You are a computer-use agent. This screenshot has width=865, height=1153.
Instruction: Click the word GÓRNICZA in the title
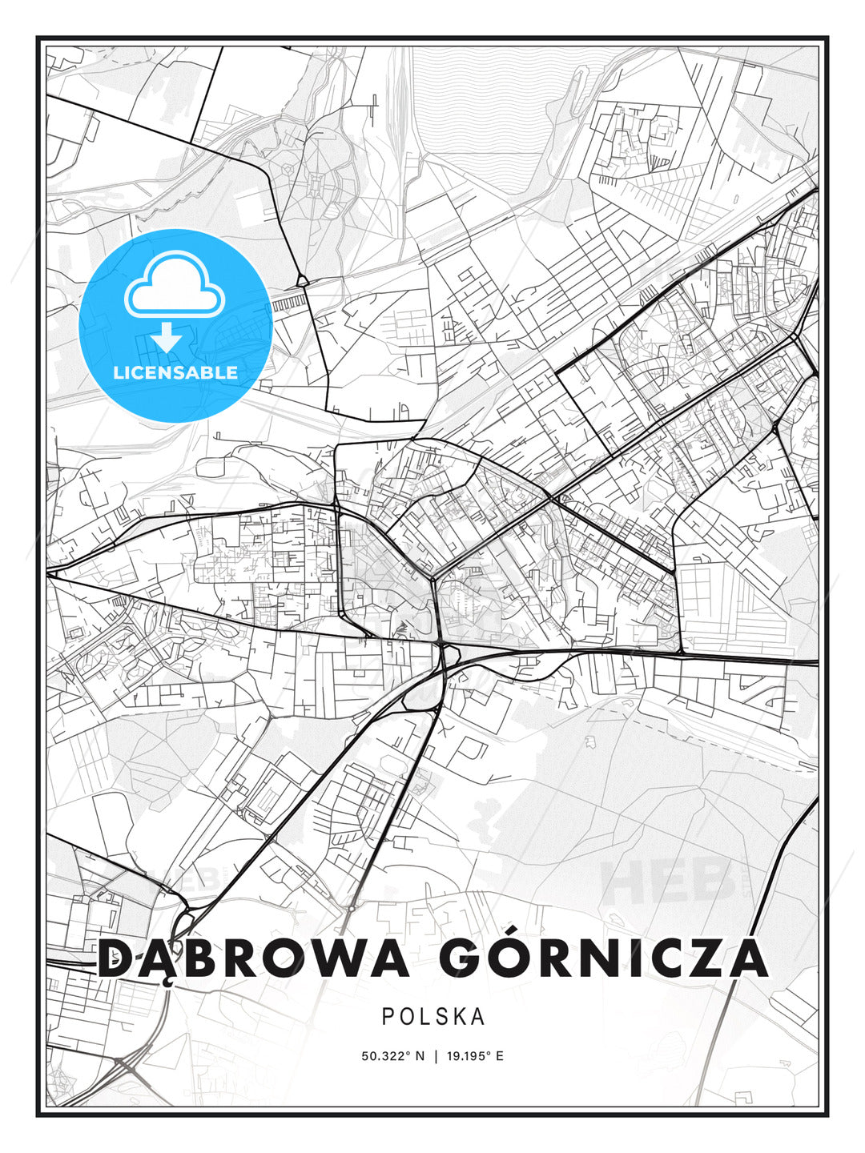pyautogui.click(x=602, y=958)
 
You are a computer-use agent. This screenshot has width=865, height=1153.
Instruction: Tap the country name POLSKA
pyautogui.click(x=433, y=1017)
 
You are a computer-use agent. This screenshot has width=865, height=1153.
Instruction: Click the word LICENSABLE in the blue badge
pyautogui.click(x=175, y=372)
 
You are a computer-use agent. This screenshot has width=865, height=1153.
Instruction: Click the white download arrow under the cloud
pyautogui.click(x=167, y=338)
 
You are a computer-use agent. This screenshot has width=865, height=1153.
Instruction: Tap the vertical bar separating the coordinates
pyautogui.click(x=435, y=1056)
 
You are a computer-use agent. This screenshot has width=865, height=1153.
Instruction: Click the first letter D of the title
pyautogui.click(x=117, y=958)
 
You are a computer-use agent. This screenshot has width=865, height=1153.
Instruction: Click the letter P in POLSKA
pyautogui.click(x=388, y=1017)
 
